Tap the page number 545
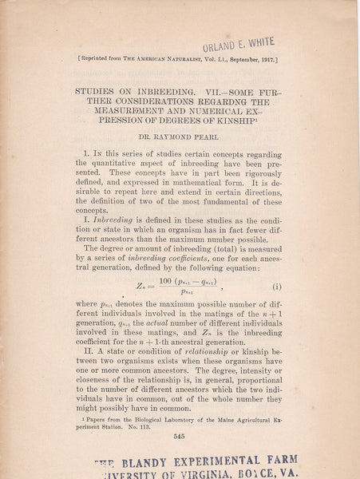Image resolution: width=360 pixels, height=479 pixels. point(180,435)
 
